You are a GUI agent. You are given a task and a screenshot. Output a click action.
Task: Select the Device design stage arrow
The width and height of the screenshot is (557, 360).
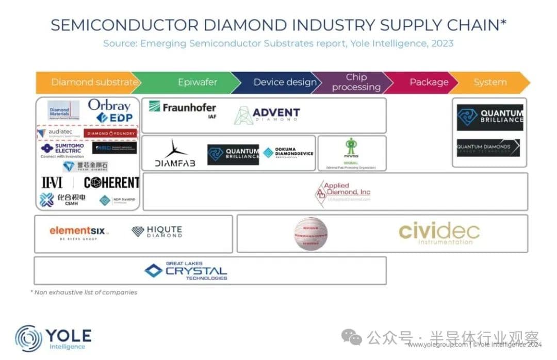[285, 83]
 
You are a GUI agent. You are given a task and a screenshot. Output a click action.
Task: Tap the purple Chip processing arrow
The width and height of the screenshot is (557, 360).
[356, 83]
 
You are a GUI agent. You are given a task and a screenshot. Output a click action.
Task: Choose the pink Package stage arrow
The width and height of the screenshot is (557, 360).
[428, 83]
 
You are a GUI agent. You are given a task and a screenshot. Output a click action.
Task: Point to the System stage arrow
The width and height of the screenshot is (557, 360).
[490, 83]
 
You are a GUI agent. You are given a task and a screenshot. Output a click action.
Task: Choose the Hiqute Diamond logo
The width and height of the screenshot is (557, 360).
[157, 232]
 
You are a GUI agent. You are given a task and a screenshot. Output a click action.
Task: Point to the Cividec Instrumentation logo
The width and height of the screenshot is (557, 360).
[439, 233]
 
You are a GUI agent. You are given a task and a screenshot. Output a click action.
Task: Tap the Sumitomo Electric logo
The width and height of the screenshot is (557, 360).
[63, 149]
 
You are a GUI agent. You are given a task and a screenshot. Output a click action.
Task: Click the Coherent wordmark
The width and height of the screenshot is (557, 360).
[111, 183]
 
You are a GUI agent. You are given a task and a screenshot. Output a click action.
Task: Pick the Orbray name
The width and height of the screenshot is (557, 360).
[109, 105]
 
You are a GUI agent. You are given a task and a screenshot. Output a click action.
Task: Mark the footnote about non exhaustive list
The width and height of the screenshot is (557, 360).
[84, 292]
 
